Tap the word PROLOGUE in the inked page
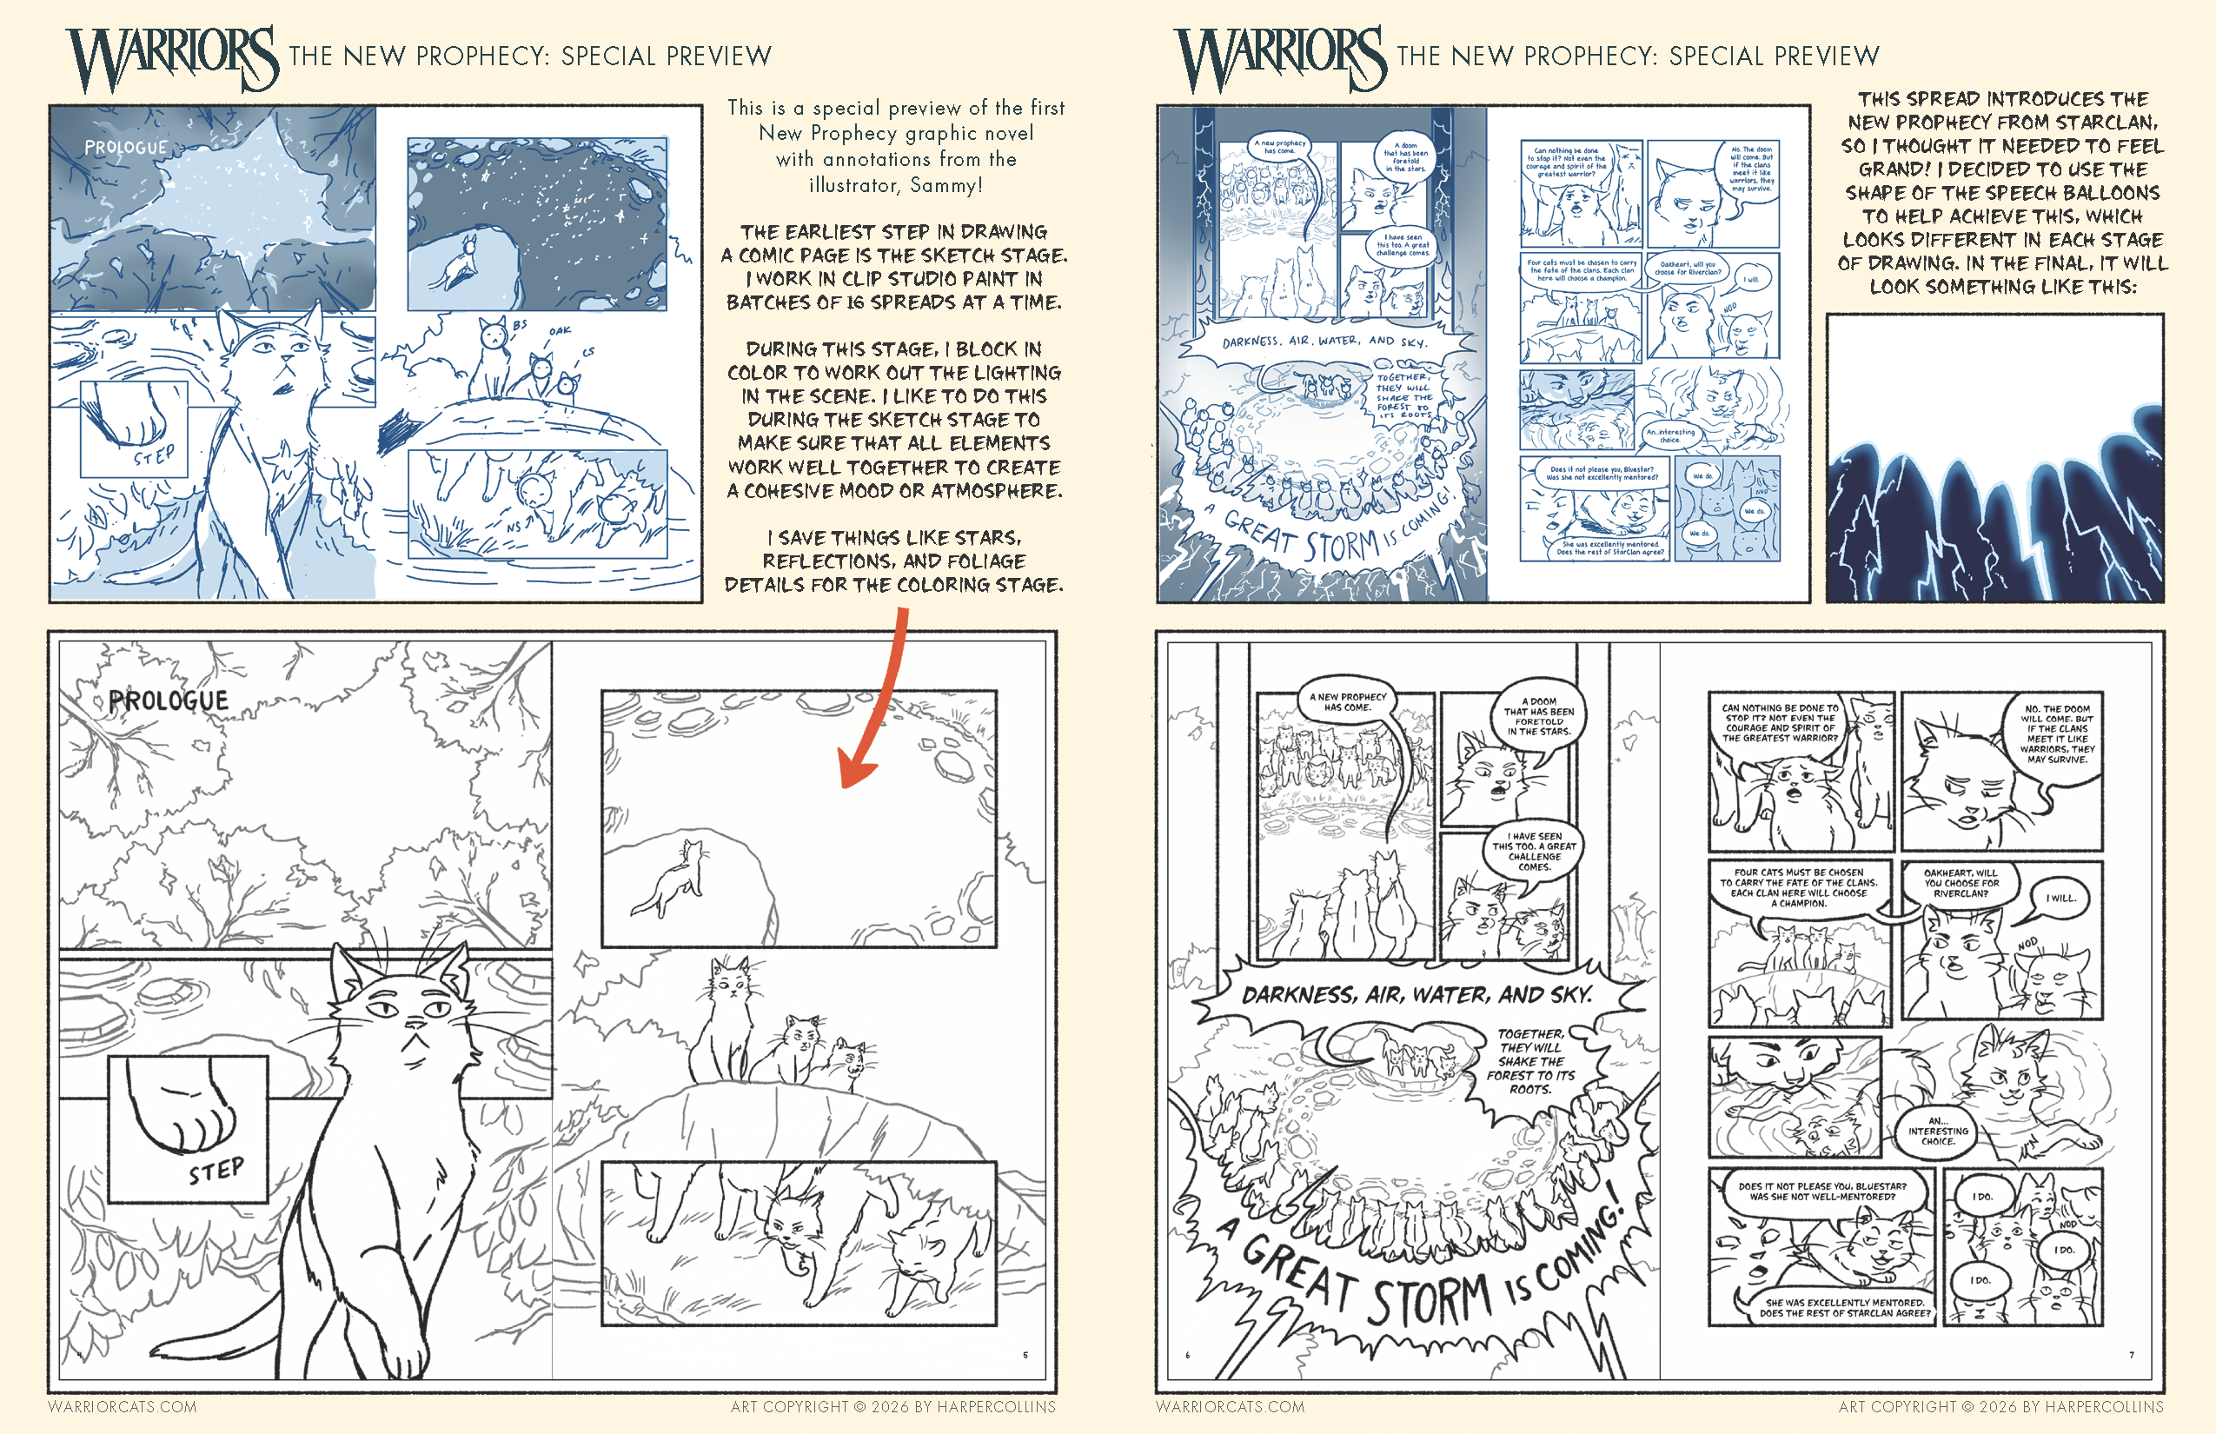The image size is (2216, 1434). coord(169,701)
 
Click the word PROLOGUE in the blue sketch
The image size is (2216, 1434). coord(126,147)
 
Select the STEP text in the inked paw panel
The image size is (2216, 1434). coord(216,1171)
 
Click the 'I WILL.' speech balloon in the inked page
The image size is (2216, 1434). coord(2060,899)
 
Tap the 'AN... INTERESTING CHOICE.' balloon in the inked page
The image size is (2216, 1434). coord(1938,1132)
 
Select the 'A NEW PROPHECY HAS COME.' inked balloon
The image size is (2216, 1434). coord(1347,703)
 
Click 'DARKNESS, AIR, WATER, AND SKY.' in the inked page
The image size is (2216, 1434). coord(1417,995)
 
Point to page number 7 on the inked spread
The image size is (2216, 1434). coord(2130,1355)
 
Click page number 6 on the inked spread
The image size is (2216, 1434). coord(1187,1355)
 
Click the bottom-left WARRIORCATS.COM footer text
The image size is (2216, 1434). coord(122,1407)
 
